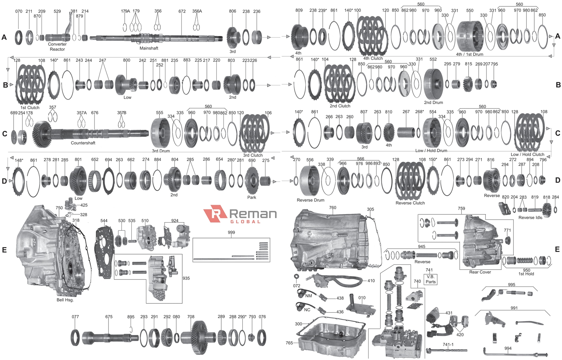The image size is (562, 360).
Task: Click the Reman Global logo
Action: (240, 215)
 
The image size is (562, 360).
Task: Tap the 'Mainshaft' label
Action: (149, 48)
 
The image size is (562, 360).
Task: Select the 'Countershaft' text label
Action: (83, 143)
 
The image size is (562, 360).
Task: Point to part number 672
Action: (182, 11)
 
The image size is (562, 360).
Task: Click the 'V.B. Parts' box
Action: (430, 279)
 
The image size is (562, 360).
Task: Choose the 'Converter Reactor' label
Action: (57, 47)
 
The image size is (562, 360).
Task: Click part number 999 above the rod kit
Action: (231, 232)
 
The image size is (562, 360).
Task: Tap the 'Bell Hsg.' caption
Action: (65, 300)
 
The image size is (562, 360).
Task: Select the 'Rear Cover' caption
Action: (480, 272)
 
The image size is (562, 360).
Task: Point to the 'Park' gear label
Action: (251, 197)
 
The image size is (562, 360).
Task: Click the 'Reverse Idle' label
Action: (530, 218)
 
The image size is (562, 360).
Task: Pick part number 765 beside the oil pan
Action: (289, 343)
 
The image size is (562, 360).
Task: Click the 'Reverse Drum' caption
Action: (311, 200)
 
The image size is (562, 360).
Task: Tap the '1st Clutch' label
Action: (30, 108)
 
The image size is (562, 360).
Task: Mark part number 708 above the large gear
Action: (191, 317)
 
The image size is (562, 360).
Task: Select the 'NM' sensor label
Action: (308, 296)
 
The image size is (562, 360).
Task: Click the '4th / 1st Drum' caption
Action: (469, 54)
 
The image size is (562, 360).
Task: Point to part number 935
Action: (186, 278)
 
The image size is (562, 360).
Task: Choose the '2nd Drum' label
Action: (433, 103)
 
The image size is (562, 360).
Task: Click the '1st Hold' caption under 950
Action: (526, 274)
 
